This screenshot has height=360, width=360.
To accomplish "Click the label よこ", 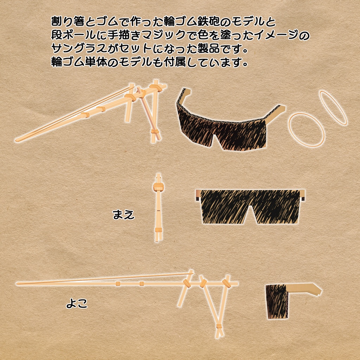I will (x=77, y=303).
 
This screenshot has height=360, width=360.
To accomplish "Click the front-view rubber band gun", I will (x=158, y=207).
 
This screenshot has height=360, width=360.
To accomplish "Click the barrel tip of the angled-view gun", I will (x=18, y=139).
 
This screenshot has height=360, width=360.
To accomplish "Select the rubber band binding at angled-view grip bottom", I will (x=155, y=133).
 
